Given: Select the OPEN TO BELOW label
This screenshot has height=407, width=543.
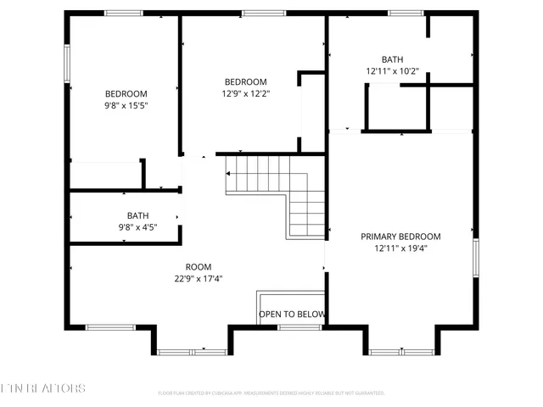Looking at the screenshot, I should point(292,315).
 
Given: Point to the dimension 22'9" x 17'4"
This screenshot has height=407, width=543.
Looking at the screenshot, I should point(199,278).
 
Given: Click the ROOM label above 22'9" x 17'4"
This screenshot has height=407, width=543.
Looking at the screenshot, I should point(199,266).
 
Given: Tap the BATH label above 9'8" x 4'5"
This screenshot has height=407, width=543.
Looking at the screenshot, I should point(137,215).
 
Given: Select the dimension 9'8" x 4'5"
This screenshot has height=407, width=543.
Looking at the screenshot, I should point(137,227).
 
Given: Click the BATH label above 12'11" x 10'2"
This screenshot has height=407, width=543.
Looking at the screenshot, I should point(392,59).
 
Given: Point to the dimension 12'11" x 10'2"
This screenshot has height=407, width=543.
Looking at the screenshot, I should point(392,72).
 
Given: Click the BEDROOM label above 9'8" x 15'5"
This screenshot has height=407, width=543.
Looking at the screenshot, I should point(126,93).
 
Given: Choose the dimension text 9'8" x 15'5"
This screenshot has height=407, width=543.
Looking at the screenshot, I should point(126,106).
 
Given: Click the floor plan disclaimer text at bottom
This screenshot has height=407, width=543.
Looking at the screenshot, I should point(271,393).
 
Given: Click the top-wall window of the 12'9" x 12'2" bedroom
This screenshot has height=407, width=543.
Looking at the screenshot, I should point(255,13).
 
